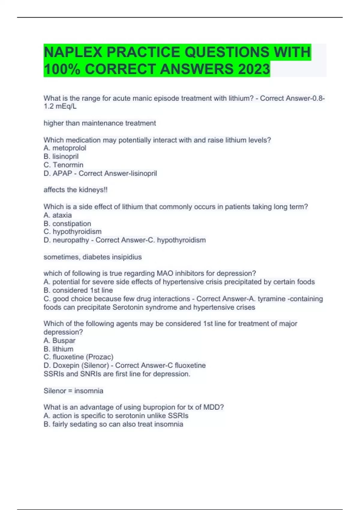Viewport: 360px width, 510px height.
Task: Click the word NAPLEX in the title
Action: (73, 52)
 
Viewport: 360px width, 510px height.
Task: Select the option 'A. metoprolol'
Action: (65, 148)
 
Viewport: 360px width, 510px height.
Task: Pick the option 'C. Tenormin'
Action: (63, 165)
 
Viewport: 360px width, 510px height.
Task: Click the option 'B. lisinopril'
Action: (61, 156)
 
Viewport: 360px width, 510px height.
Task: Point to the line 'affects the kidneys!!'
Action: (75, 190)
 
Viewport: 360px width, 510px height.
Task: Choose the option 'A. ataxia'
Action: (58, 215)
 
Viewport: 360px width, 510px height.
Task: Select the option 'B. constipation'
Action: (67, 223)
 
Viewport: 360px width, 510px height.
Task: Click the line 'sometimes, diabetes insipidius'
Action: (92, 257)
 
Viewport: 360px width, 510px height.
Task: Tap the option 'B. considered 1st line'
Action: (78, 290)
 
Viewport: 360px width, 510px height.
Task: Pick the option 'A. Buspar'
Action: (59, 340)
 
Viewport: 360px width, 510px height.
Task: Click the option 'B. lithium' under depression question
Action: (58, 349)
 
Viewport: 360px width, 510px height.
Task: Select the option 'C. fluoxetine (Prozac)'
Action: (78, 357)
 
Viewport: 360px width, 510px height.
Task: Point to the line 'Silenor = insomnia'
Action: (73, 391)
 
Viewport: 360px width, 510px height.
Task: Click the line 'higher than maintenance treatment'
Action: (100, 123)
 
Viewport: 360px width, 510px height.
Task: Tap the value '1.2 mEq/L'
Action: (60, 106)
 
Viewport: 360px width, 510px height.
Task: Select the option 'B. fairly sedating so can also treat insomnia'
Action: (113, 424)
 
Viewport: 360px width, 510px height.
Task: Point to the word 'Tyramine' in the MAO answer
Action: (272, 299)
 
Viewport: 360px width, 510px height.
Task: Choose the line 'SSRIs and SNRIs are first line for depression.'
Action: (117, 374)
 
